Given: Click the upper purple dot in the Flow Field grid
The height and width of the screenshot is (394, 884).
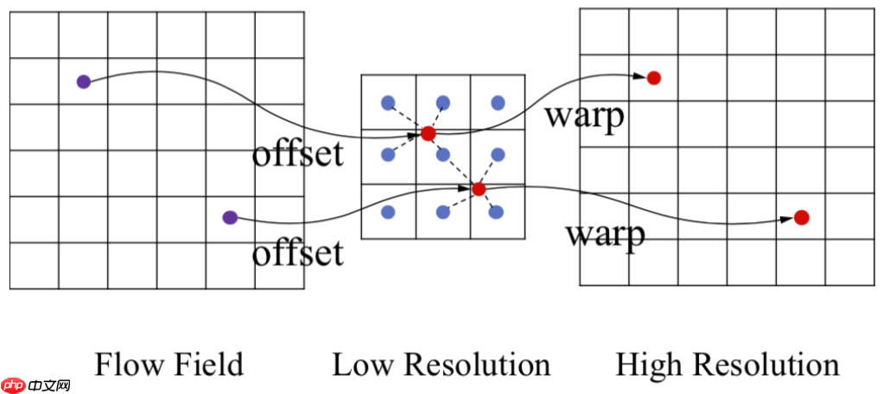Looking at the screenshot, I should (x=83, y=82).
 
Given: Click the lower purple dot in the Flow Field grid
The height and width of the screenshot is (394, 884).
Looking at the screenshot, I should (x=229, y=218).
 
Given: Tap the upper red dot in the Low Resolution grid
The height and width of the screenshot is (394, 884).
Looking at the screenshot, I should (x=428, y=133).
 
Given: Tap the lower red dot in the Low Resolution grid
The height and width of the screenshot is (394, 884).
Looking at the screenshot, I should (x=479, y=188).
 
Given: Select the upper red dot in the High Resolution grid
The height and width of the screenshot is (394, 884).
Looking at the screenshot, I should (x=654, y=78).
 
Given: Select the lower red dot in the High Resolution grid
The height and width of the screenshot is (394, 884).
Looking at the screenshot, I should (x=801, y=217).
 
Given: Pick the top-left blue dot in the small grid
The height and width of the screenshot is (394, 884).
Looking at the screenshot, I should (x=388, y=103).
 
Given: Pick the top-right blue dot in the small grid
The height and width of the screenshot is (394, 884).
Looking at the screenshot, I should (x=498, y=103).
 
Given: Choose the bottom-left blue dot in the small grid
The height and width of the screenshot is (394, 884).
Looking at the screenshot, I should (x=388, y=212).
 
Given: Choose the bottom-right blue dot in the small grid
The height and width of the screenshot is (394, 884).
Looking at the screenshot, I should (x=498, y=212).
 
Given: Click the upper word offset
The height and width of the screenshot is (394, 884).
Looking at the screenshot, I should (x=297, y=155).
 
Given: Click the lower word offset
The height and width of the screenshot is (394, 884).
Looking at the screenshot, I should (x=297, y=253).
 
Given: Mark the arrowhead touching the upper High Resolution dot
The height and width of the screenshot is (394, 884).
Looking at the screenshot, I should (x=639, y=77).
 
